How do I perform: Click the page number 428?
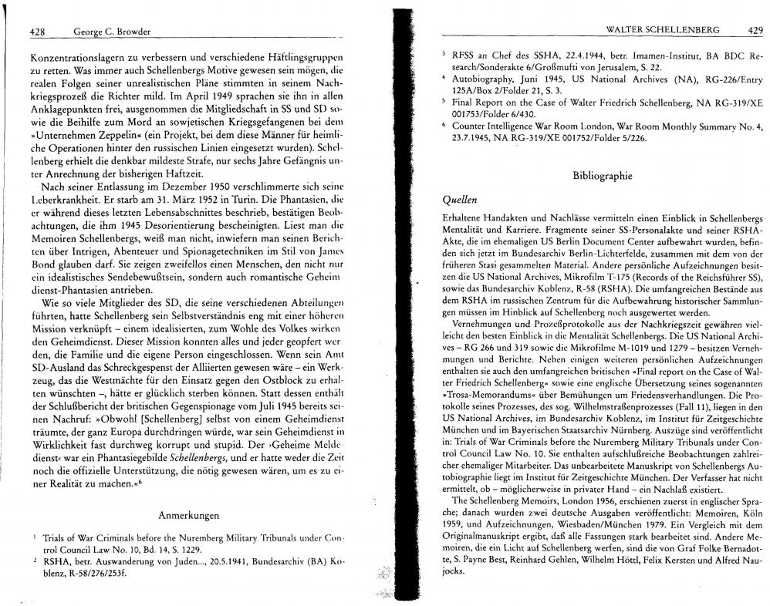click(38, 32)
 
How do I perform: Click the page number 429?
click(755, 29)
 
